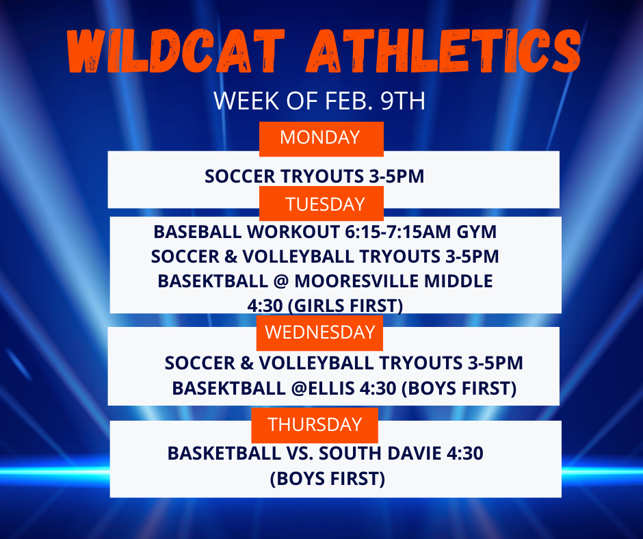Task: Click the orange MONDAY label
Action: coord(320,137)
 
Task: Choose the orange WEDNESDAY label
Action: coord(320,332)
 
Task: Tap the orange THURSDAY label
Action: coord(315,424)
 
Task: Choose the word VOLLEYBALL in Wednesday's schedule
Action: coord(314,363)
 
